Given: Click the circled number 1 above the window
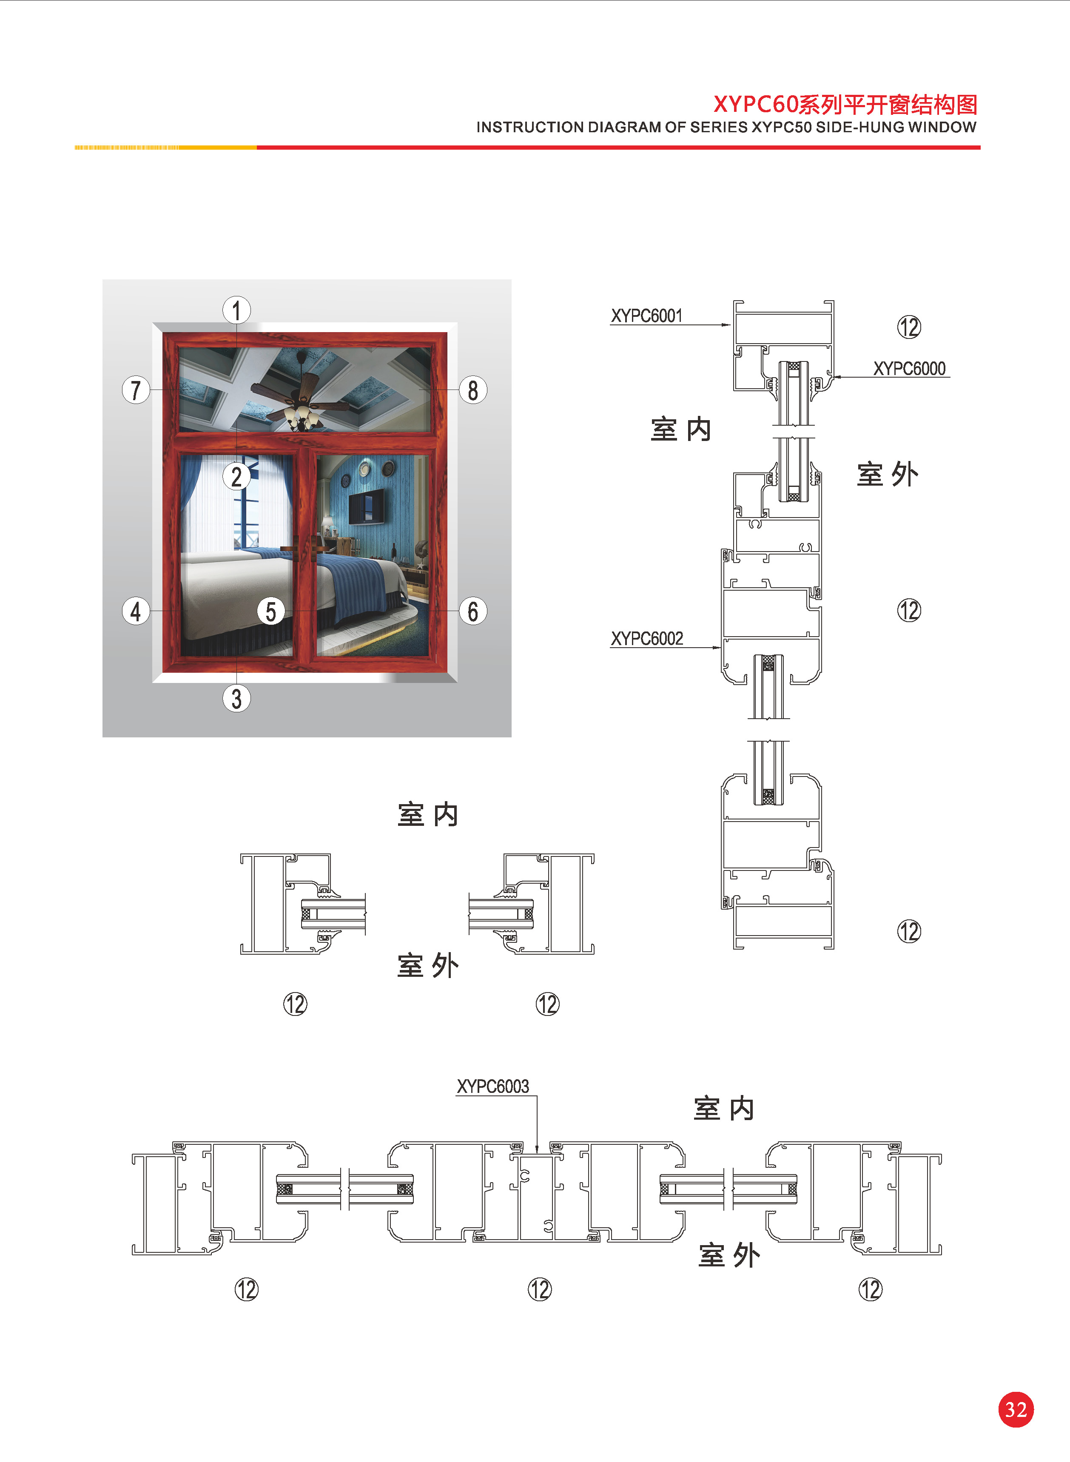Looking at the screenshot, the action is [236, 310].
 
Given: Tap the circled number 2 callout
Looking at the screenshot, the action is [236, 477].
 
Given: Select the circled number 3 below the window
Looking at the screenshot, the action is [236, 699].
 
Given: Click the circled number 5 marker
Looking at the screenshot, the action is [271, 611].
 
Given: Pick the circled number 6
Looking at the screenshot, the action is [473, 611].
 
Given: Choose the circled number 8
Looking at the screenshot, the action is [473, 390].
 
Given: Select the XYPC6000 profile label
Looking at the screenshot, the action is [909, 368].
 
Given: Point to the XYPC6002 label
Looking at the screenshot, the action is [647, 638].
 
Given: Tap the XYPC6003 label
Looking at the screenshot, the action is [493, 1086].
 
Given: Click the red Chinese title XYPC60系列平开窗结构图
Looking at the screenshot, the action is [845, 104].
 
